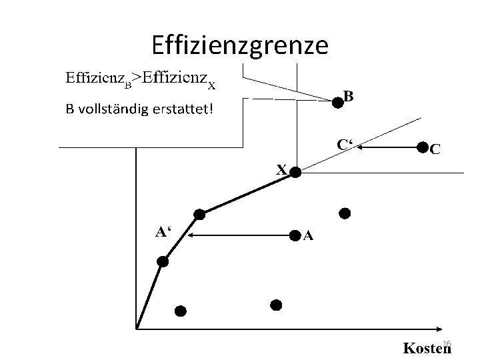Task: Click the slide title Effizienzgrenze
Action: coord(240,45)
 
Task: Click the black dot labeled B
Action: coord(339,101)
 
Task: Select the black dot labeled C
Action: coord(422,147)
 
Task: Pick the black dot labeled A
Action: coord(295,235)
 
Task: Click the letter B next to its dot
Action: coord(349,95)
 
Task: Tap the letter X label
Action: coord(282,169)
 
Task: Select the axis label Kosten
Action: coord(426,348)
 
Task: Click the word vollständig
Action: coord(109,108)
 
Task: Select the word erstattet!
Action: coord(181,108)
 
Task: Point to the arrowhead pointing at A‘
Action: coord(191,235)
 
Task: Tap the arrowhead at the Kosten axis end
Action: coord(440,328)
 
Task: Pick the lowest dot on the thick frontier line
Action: coord(162,263)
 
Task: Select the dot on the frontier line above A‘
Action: coord(199,214)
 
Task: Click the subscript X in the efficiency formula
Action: coord(211,85)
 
